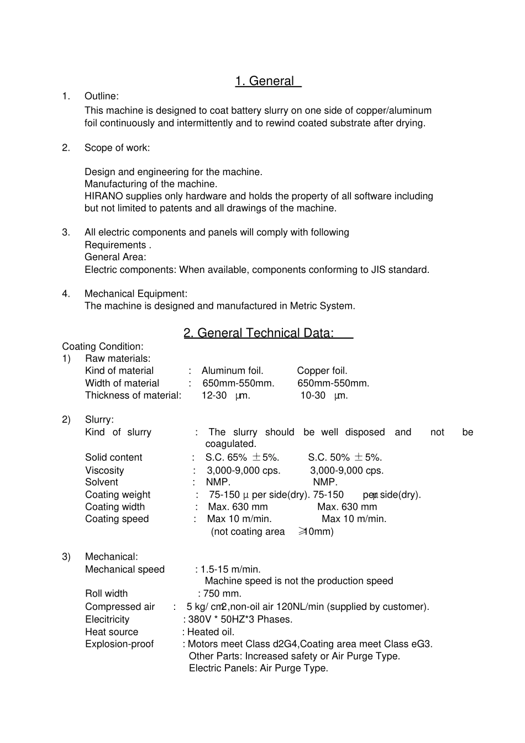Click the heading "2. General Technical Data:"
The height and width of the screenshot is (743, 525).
click(259, 333)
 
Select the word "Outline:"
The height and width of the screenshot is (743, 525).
click(101, 96)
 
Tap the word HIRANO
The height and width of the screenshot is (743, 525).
click(103, 196)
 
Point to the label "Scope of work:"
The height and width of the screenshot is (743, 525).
click(117, 147)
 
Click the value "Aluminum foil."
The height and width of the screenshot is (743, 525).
click(232, 371)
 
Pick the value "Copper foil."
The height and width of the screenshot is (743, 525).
click(322, 371)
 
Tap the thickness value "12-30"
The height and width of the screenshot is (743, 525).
click(214, 396)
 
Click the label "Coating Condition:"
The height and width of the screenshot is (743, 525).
click(103, 346)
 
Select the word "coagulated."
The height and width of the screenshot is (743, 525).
click(230, 444)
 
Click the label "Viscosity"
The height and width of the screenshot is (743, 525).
click(104, 471)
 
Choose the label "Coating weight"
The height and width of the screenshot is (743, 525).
click(118, 495)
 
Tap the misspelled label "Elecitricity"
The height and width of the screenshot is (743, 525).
click(107, 620)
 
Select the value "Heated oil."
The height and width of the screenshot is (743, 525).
click(211, 632)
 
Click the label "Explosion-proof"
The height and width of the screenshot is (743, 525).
click(119, 644)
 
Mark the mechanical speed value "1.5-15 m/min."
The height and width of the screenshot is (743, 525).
click(230, 570)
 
